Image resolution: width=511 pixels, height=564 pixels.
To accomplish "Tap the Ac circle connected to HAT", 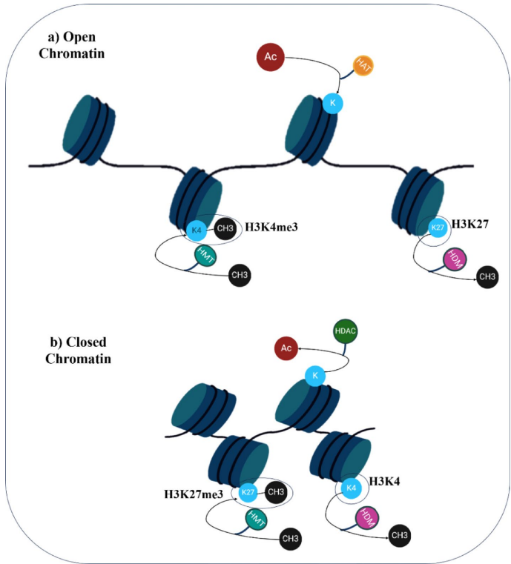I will point(271,58).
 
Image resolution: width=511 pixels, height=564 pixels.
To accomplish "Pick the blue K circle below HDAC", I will point(314,377).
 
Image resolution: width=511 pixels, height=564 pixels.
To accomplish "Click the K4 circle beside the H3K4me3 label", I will point(197,230).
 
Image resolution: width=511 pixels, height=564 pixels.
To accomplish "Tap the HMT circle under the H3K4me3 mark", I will point(205,256).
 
